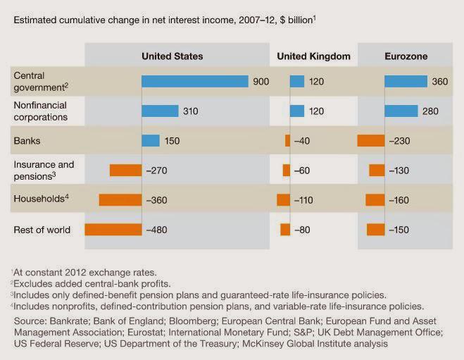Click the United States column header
172,56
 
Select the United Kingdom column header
313,56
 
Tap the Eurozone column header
406,56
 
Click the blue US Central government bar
195,82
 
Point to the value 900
261,82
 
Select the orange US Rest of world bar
113,229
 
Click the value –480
158,229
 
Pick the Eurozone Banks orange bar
371,140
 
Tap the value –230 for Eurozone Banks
400,141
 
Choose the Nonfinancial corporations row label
41,111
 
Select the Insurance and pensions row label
44,170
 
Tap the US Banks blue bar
151,140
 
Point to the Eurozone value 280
431,111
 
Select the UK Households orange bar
283,199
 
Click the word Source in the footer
31,321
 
